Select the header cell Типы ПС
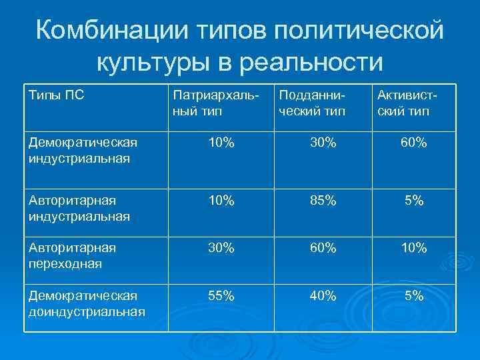coord(57,95)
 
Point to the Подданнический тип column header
coord(312,103)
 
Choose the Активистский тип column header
coord(405,103)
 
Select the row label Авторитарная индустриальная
coord(79,208)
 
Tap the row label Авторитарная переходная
coord(73,255)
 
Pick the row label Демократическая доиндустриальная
coord(87,303)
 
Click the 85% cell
coord(323,201)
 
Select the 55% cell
coord(221,296)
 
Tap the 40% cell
coord(323,296)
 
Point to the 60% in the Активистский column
coord(413,143)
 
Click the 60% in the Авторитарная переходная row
coord(323,248)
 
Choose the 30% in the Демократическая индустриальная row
coord(323,143)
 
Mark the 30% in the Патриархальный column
coord(221,248)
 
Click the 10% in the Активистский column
coord(413,248)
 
